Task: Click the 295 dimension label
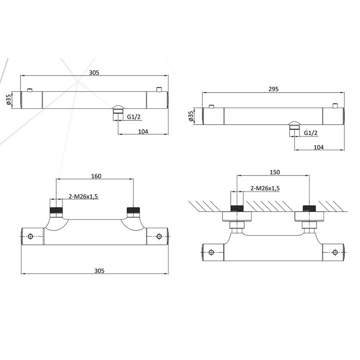(x=273, y=89)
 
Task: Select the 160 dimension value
(x=96, y=176)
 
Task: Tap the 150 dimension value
(x=275, y=172)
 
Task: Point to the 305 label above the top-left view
(x=94, y=73)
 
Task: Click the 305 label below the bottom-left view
(x=99, y=271)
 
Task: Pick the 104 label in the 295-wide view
(x=319, y=147)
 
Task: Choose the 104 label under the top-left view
(x=143, y=131)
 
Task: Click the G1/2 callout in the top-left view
(x=134, y=117)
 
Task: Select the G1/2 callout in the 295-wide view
(x=310, y=133)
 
